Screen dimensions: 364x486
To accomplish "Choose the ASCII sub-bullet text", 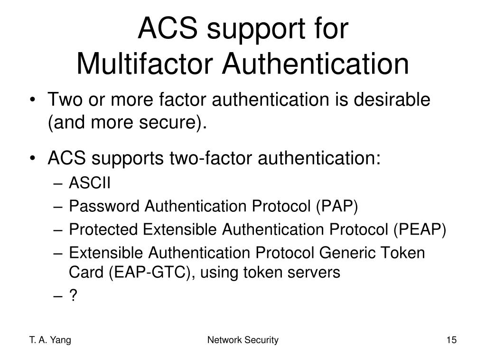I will (90, 183).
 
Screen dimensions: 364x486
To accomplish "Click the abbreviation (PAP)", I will (336, 206).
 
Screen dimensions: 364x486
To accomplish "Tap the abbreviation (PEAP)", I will (419, 229).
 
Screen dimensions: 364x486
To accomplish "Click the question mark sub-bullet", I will (73, 296).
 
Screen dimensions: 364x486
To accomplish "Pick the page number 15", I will (451, 340).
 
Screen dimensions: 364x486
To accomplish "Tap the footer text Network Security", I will (243, 340).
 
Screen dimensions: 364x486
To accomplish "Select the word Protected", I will (104, 229).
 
